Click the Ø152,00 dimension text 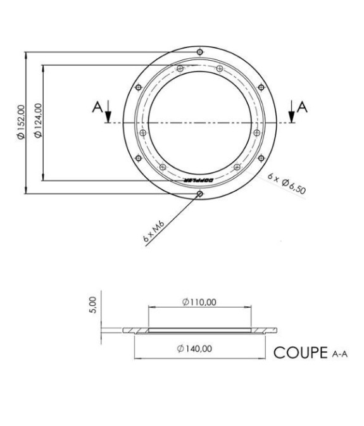coord(21,123)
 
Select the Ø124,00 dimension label coord(37,123)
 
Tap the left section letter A coord(97,107)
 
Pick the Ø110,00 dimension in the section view coord(199,302)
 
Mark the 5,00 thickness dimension coord(92,305)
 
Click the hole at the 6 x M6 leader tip coord(200,194)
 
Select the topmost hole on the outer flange coord(200,51)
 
